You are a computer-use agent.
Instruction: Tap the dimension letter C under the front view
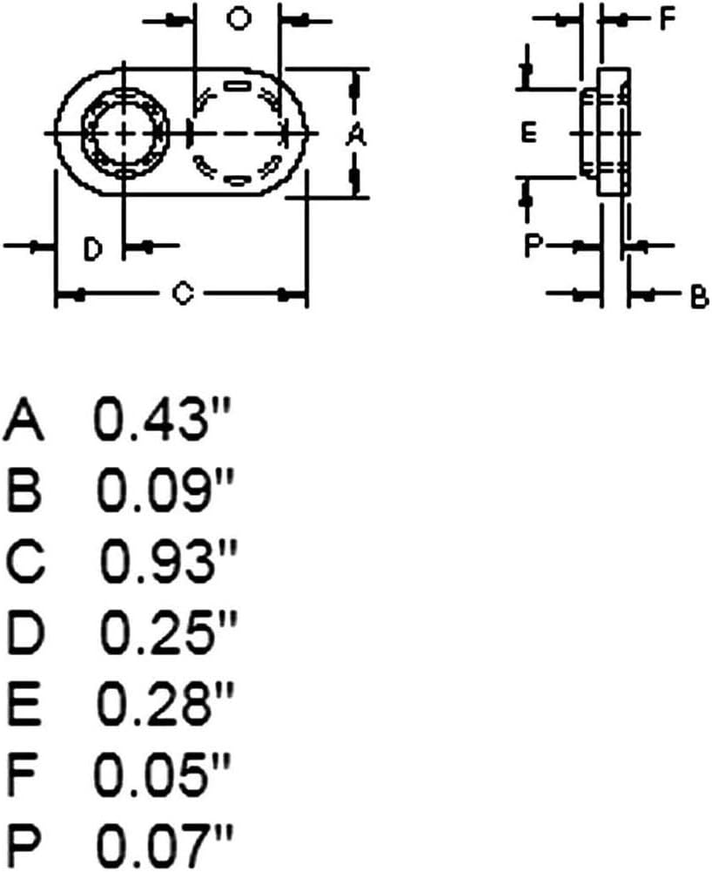[181, 294]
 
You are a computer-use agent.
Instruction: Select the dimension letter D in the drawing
[93, 250]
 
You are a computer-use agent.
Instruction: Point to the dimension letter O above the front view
[237, 19]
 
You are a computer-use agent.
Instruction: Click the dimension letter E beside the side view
[528, 133]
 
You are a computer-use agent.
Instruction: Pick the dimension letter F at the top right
[667, 19]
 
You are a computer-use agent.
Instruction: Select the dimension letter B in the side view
[698, 298]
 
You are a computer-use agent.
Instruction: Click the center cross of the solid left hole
[124, 133]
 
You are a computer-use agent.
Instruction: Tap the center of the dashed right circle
[237, 133]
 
